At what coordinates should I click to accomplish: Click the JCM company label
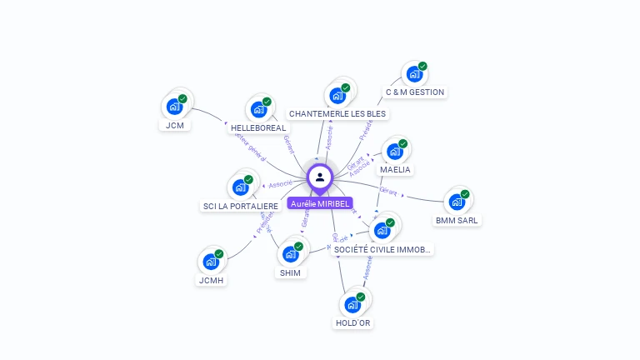pos(175,126)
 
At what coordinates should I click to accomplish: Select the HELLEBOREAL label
pos(258,128)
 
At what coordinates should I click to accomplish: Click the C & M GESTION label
pos(415,92)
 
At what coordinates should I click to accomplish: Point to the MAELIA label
pos(396,170)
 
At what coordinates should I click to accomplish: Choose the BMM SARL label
pos(457,221)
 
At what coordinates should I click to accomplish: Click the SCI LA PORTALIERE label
pos(240,206)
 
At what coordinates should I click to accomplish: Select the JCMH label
pos(212,281)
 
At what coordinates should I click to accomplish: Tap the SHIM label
pos(291,272)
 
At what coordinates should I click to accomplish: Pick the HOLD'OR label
pos(353,323)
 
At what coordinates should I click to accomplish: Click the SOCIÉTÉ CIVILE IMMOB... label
pos(382,249)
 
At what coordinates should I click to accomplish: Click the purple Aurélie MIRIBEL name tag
pos(320,203)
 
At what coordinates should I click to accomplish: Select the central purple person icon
pos(320,177)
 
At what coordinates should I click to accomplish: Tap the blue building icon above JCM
pos(174,106)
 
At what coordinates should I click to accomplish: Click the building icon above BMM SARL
pos(457,202)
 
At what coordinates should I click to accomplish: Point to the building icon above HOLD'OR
pos(352,304)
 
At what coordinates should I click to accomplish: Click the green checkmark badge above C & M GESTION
pos(422,67)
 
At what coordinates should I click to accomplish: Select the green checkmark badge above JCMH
pos(219,254)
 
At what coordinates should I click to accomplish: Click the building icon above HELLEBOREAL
pos(258,109)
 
